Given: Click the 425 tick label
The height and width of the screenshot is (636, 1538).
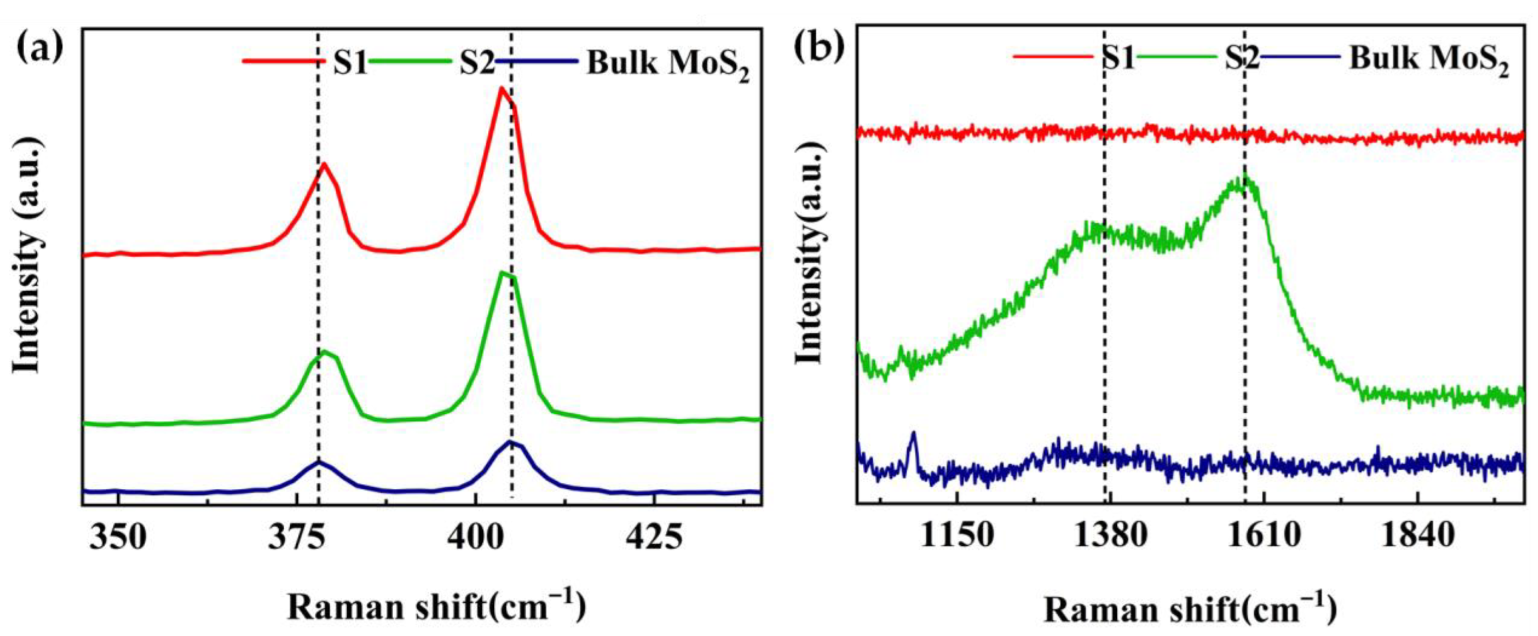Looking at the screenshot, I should [654, 538].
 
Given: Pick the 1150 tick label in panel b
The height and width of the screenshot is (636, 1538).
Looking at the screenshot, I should [957, 536].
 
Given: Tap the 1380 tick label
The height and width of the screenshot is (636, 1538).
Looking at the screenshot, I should [1111, 536].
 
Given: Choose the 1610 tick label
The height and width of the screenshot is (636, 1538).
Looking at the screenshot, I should [1263, 536].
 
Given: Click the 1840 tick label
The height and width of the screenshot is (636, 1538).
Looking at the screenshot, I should [1417, 536].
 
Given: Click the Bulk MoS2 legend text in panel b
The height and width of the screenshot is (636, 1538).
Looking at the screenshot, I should [1429, 59].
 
